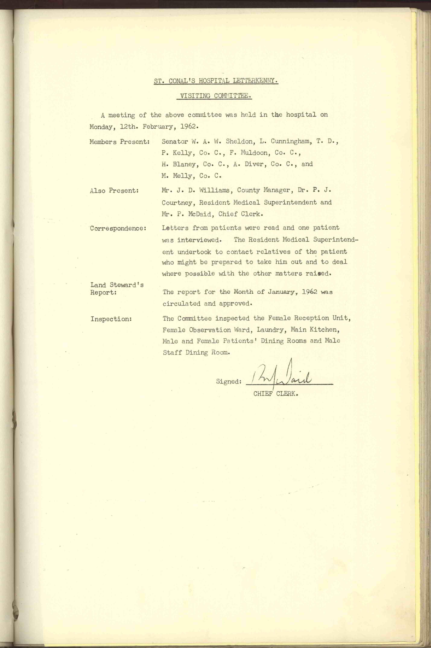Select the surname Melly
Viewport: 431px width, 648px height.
pyautogui.click(x=184, y=176)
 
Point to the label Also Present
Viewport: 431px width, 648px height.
pyautogui.click(x=114, y=191)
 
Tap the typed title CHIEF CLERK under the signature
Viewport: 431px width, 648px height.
pyautogui.click(x=276, y=394)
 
